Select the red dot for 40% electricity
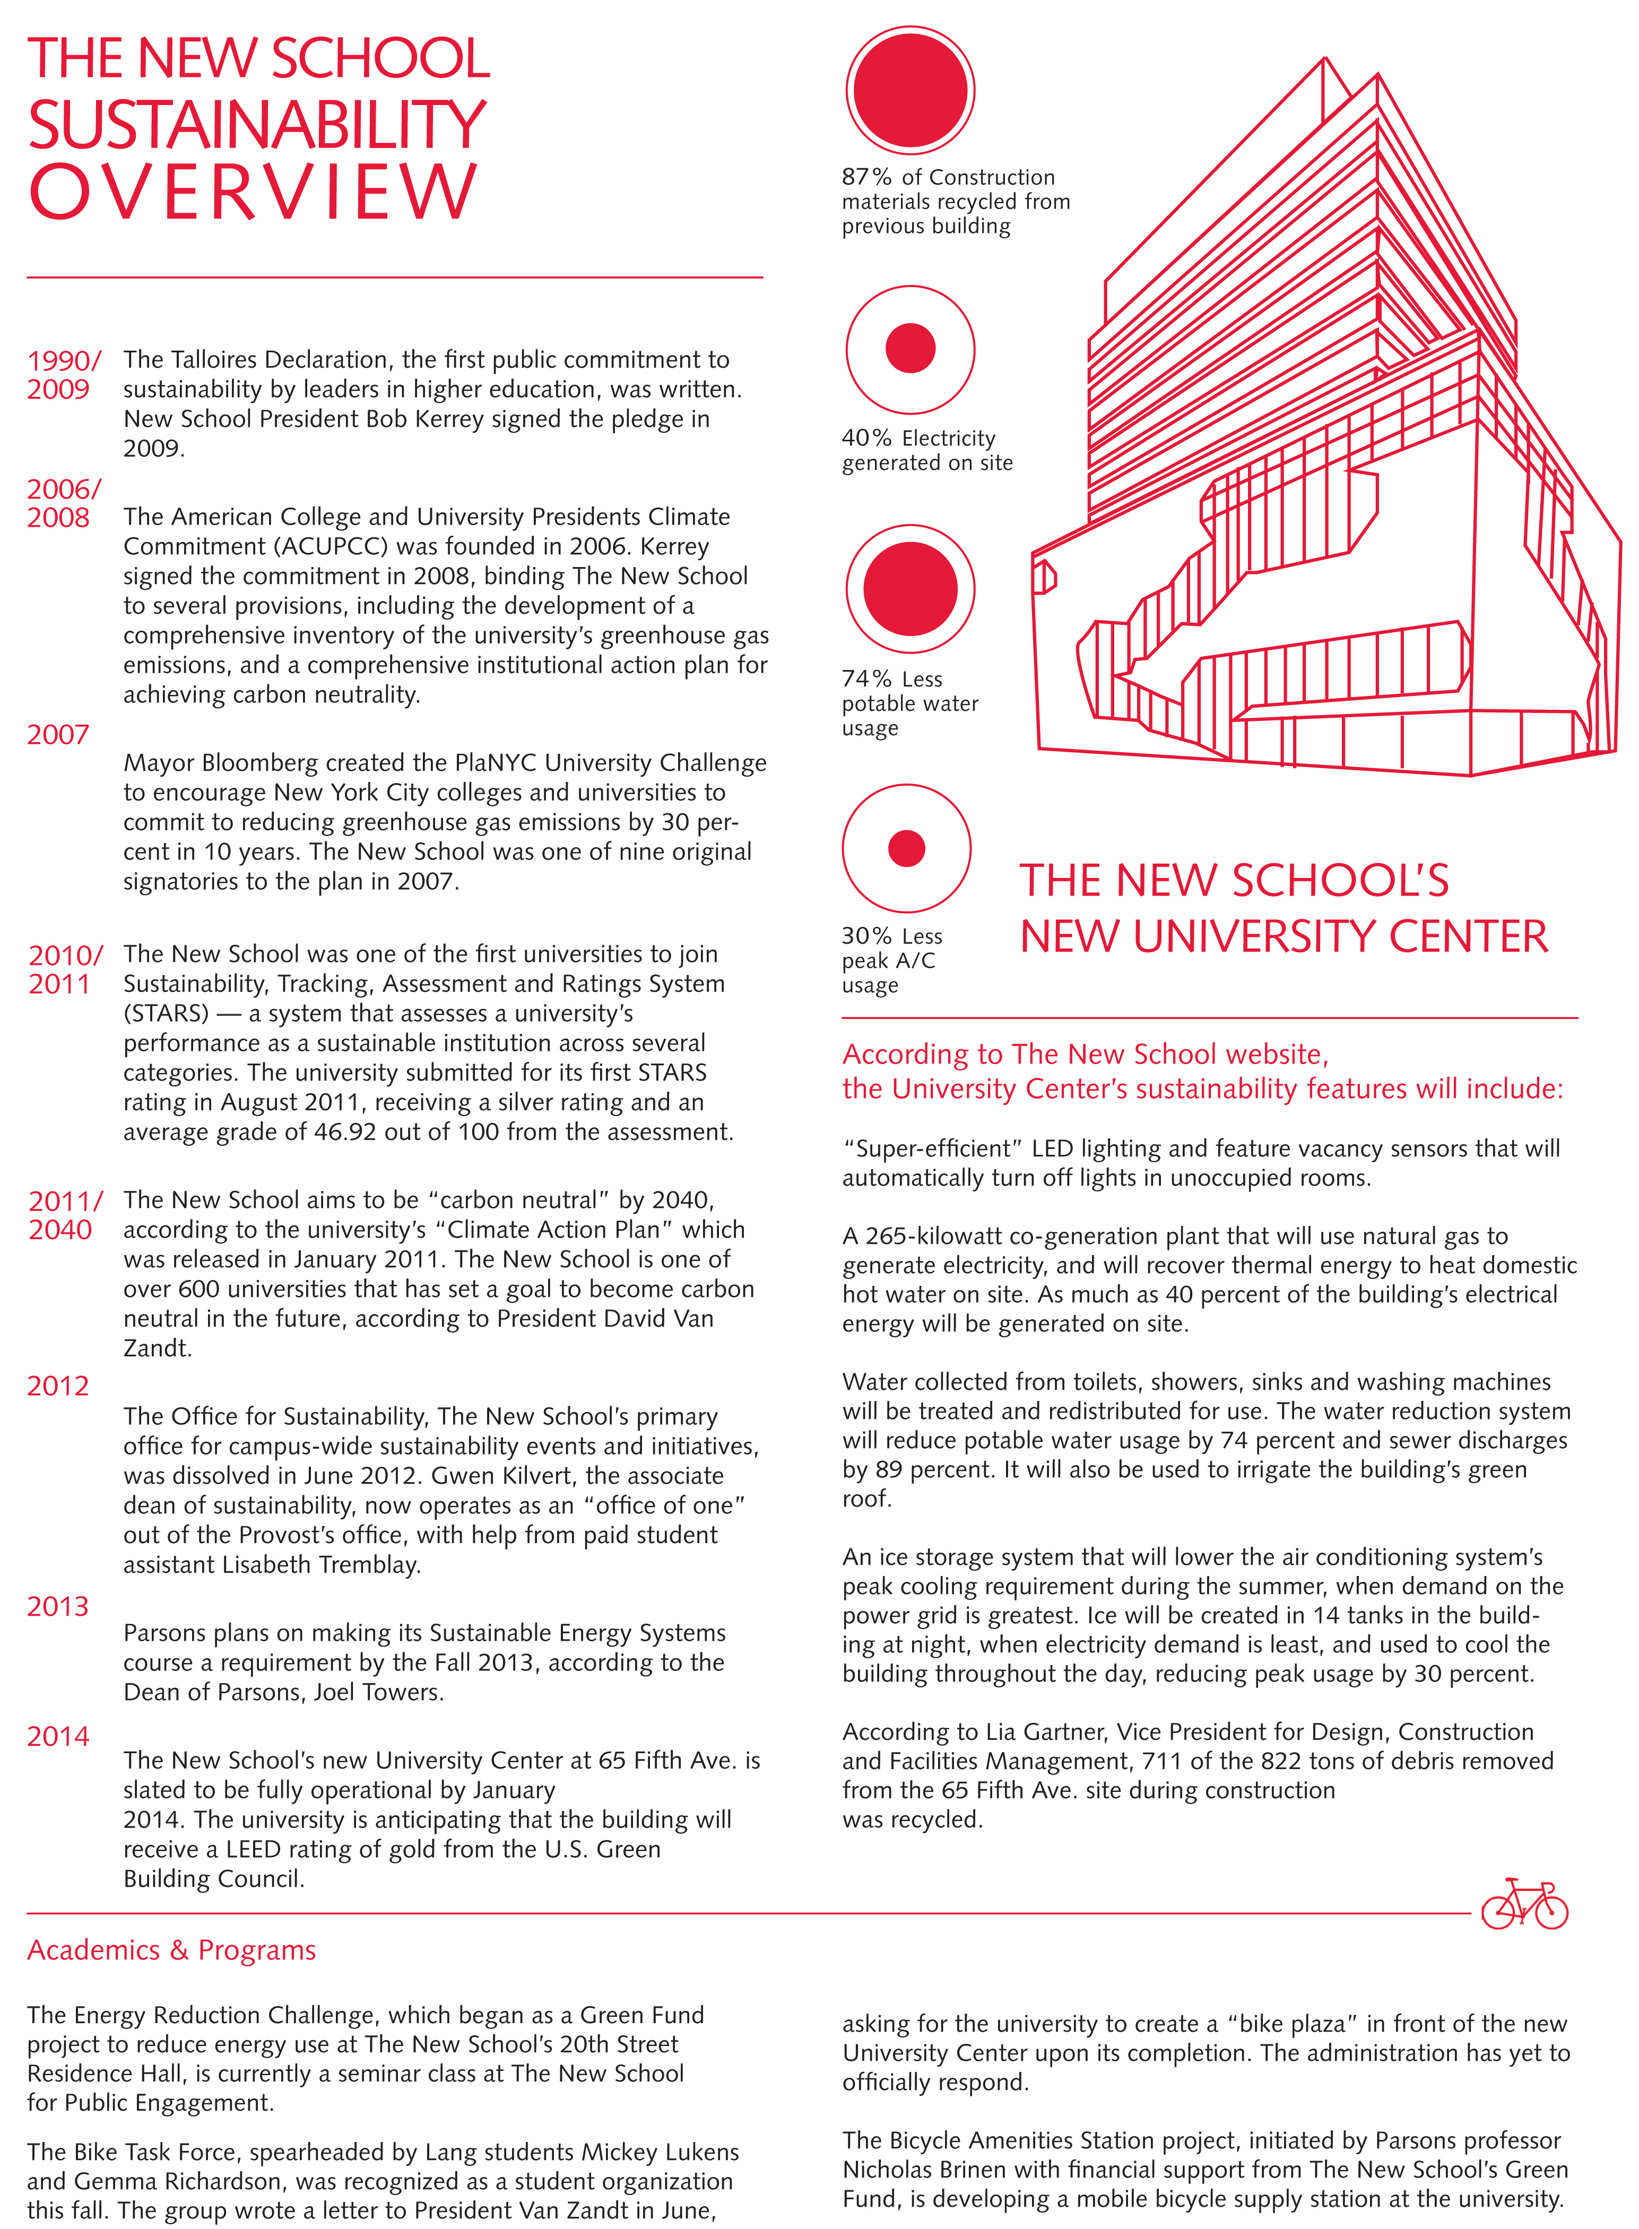pyautogui.click(x=910, y=348)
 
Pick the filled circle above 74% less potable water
pyautogui.click(x=910, y=588)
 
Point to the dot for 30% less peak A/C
pyautogui.click(x=906, y=848)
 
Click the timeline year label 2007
pyautogui.click(x=57, y=735)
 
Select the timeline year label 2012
pyautogui.click(x=57, y=1386)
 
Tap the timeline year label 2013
pyautogui.click(x=57, y=1606)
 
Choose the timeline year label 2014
pyautogui.click(x=57, y=1736)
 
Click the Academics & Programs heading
pyautogui.click(x=171, y=1951)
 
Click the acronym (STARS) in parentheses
pyautogui.click(x=167, y=1014)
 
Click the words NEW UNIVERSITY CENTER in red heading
pyautogui.click(x=1284, y=936)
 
